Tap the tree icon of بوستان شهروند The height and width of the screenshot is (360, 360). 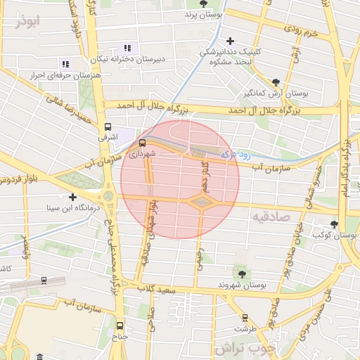[x=243, y=274]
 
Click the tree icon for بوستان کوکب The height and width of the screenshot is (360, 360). [x=334, y=224]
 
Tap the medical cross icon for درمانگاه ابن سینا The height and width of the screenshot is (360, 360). [x=72, y=197]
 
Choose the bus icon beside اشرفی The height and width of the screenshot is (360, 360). [x=108, y=128]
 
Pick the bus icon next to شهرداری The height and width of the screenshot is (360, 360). [x=133, y=143]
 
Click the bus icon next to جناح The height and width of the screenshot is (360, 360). [x=120, y=326]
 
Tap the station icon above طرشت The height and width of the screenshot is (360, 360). [x=245, y=317]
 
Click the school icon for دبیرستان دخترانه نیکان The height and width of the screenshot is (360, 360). [x=127, y=48]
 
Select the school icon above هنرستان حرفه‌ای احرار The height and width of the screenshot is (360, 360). [x=65, y=64]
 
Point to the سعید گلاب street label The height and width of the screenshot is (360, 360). [x=155, y=288]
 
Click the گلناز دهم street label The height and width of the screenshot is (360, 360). [x=199, y=171]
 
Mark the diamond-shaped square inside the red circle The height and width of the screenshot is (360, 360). [x=202, y=202]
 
